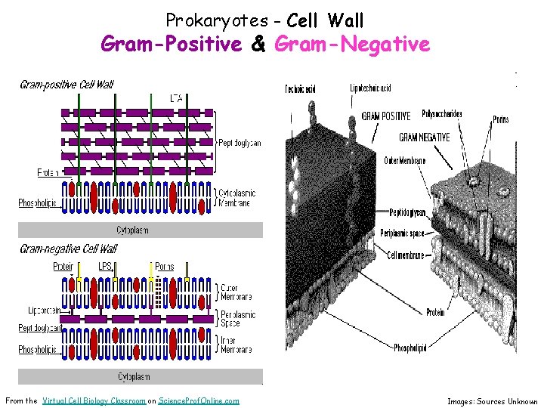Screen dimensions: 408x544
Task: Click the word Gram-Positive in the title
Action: coord(171,45)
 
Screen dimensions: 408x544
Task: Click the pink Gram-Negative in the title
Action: coord(352,45)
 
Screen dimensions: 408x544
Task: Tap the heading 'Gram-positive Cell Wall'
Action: coord(66,85)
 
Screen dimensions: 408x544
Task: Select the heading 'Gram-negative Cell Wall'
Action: coord(68,249)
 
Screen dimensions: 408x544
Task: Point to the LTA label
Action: coord(176,97)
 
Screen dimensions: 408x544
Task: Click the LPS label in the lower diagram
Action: coord(107,266)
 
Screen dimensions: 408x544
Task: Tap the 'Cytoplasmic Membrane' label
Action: coord(236,198)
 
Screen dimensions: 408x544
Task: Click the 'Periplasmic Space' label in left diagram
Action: coord(237,319)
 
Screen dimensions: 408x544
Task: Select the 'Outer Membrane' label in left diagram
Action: coord(236,292)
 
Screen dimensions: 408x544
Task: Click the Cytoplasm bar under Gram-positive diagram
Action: coord(141,230)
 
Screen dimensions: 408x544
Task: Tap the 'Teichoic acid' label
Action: coord(300,89)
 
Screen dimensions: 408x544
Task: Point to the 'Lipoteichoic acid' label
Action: coord(370,88)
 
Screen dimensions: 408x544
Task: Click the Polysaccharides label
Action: coord(442,114)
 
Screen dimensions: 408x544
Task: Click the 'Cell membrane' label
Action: coord(409,255)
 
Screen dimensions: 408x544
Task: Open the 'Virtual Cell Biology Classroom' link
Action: coord(94,401)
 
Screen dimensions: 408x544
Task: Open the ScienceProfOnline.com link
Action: coord(199,401)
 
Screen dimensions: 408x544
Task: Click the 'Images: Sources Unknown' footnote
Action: coord(492,402)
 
